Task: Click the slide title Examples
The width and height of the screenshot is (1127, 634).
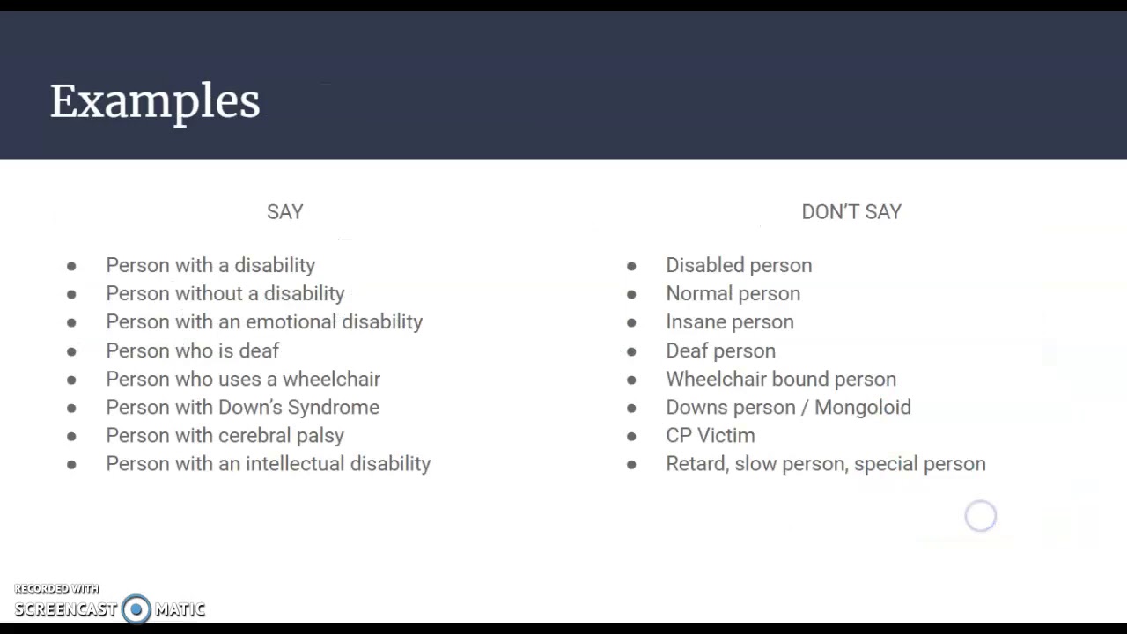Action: (155, 101)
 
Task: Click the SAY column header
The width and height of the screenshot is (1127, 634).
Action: (284, 212)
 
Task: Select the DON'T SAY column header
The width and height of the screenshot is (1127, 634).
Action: (851, 212)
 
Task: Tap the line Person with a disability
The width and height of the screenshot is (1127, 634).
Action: (210, 265)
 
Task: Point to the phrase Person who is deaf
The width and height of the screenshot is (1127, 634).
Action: (192, 350)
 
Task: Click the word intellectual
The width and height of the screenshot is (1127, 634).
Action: (294, 463)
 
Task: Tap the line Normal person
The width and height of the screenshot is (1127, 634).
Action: (733, 293)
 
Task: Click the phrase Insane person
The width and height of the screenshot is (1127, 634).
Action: (729, 321)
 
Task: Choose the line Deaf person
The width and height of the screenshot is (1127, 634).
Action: (720, 350)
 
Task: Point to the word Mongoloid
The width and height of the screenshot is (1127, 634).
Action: (862, 407)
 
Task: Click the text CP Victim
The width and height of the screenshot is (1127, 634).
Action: (710, 435)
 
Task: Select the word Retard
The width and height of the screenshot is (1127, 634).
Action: (696, 463)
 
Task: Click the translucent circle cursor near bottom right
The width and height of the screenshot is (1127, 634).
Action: (980, 516)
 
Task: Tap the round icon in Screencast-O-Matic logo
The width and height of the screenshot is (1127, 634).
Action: (136, 608)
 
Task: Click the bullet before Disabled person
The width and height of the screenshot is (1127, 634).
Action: (631, 266)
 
